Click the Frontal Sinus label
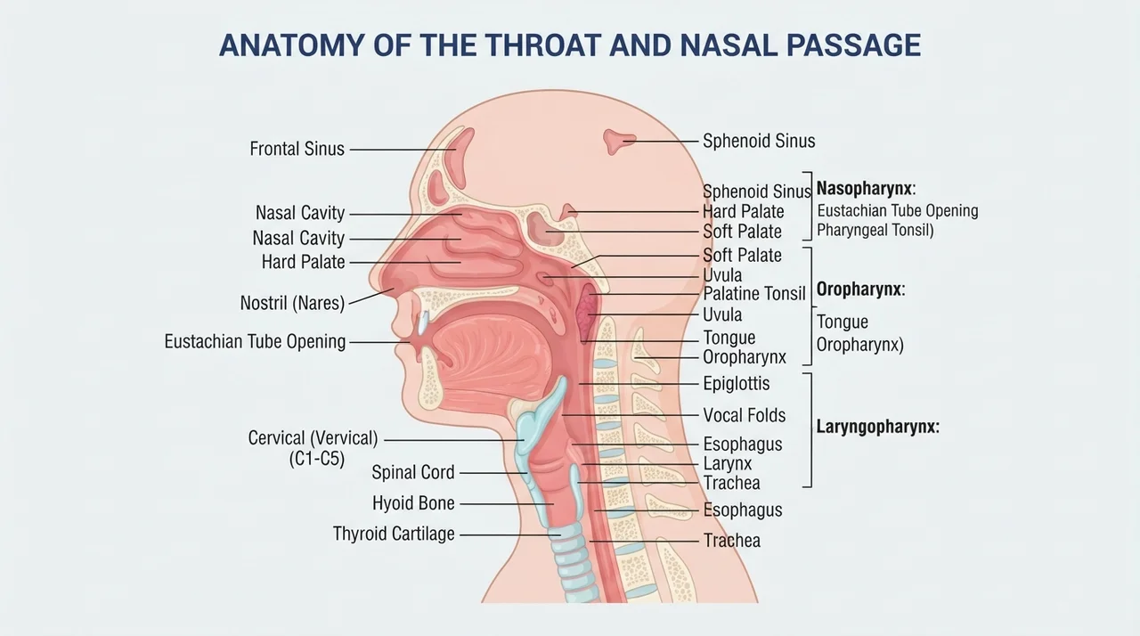pos(297,149)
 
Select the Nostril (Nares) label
pos(293,303)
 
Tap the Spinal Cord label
pos(413,472)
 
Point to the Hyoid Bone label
pos(413,503)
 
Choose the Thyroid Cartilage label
pos(394,534)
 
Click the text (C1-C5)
pos(317,459)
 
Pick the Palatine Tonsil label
pos(754,294)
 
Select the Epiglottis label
pos(737,384)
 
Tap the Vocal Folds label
pos(745,415)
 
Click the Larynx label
pos(728,463)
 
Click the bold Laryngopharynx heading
pos(878,427)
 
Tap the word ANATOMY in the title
pos(292,45)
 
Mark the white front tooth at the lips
pos(423,323)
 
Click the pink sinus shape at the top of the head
pos(618,141)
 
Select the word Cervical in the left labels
pos(276,438)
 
